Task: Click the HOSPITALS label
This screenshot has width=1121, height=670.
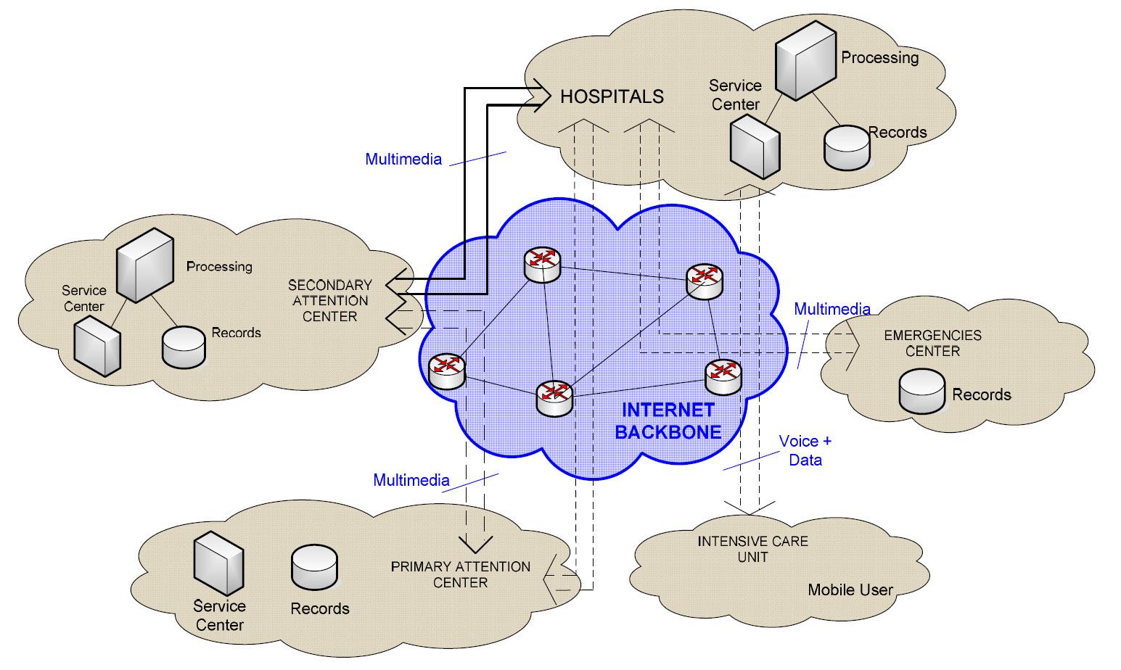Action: coord(612,96)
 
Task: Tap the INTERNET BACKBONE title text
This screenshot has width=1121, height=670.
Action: coord(668,421)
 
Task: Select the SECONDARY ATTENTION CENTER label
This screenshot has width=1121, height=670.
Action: coord(330,300)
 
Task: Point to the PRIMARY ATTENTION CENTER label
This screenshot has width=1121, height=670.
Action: coord(461,574)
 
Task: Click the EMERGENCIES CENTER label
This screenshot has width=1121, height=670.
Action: coord(932,343)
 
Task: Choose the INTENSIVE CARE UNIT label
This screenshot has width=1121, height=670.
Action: coord(752,549)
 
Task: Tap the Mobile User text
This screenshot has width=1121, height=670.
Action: coord(850,590)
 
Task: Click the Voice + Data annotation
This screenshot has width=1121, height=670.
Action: coord(805,450)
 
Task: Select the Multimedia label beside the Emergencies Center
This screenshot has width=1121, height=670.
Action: coord(831,309)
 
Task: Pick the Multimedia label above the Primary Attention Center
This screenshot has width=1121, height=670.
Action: coord(411,480)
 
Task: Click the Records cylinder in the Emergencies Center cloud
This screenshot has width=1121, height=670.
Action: coord(921,391)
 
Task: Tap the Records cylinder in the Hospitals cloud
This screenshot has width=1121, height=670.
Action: coord(847,148)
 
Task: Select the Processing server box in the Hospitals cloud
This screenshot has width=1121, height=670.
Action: coord(805,60)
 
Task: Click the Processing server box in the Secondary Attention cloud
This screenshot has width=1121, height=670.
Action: coord(145,265)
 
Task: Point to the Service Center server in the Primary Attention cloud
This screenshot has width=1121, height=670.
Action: coord(218,563)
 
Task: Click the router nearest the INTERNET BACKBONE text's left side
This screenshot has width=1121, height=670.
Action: coord(554,399)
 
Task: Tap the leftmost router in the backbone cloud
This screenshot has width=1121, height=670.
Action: coord(447,371)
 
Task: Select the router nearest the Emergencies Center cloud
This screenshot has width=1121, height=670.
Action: coord(723,377)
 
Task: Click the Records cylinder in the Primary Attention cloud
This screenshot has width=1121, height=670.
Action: coord(314,567)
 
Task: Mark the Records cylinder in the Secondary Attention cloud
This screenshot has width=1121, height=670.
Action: coord(184,347)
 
